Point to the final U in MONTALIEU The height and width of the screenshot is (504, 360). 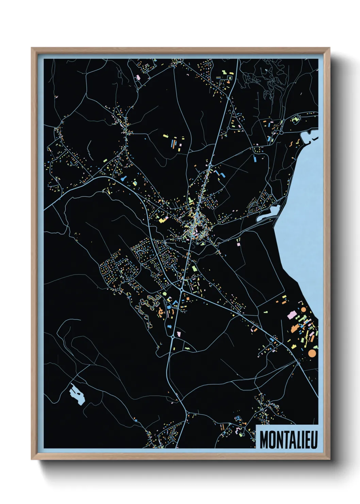tap(314, 440)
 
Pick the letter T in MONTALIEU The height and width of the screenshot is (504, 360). tap(283, 440)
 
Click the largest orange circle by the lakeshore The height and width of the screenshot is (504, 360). tap(312, 353)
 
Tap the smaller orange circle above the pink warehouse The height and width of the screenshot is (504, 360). tap(303, 310)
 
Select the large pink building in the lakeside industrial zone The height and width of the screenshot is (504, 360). tap(291, 315)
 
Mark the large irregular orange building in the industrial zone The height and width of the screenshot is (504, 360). tap(294, 329)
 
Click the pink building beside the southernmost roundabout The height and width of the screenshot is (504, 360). tap(179, 333)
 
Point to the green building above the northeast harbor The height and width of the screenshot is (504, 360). tap(295, 119)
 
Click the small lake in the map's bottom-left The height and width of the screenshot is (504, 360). tap(77, 394)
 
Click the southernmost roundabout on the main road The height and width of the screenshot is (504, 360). tap(173, 336)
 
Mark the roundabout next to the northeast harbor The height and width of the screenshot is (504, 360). tap(281, 132)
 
